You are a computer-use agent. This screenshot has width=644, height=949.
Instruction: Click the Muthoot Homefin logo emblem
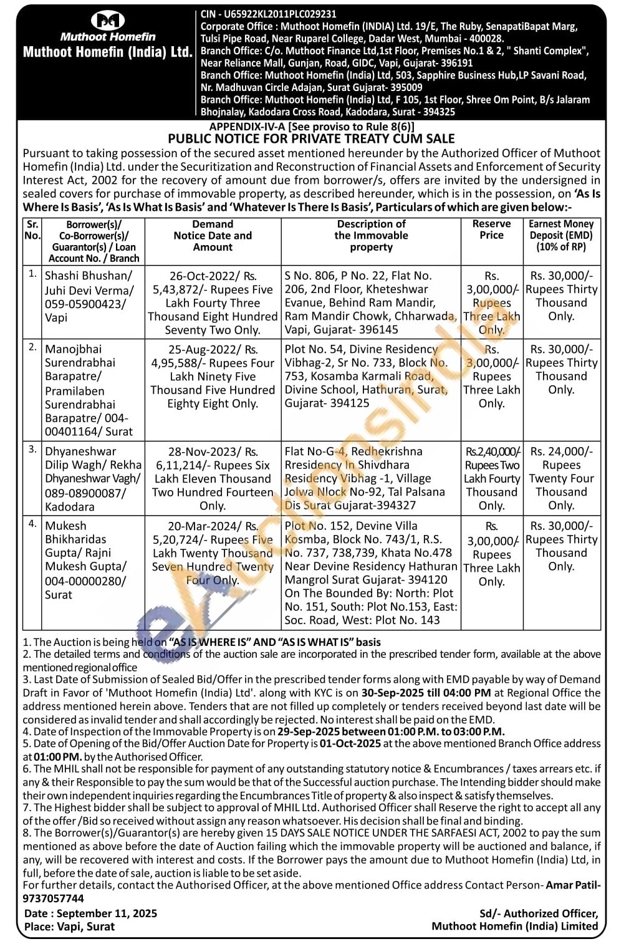(107, 21)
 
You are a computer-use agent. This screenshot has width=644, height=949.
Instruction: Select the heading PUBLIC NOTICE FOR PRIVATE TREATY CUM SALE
(311, 139)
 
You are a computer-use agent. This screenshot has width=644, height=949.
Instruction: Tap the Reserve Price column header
(491, 229)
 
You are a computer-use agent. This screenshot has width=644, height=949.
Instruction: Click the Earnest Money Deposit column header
(561, 235)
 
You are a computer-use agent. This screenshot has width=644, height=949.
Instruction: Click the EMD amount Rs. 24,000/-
(561, 451)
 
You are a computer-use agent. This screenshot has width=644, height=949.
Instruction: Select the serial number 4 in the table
(32, 524)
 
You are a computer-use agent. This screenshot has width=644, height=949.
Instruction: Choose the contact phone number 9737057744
(53, 898)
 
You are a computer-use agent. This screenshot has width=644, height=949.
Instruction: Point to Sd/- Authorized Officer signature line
(538, 913)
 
